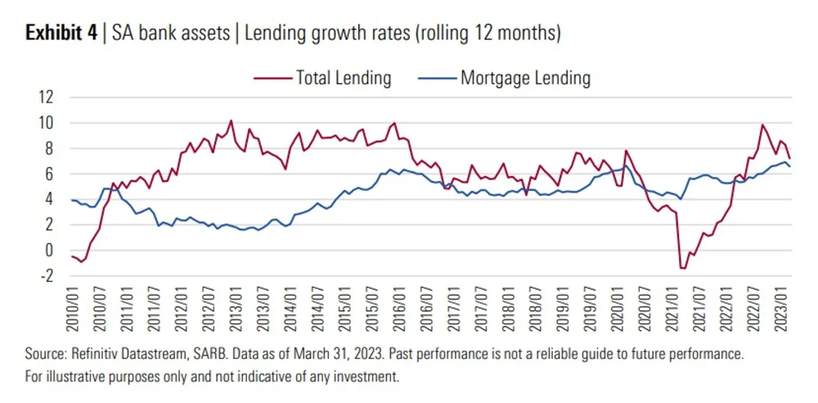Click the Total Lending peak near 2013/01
231,121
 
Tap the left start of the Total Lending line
72,256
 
